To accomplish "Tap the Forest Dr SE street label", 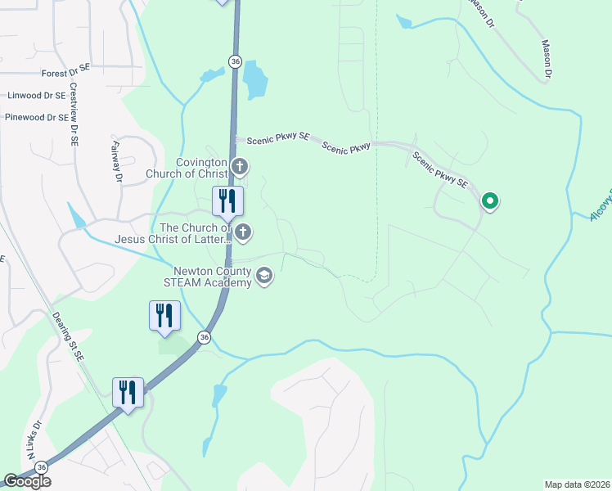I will (x=65, y=73).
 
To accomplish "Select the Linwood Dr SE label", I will (x=35, y=96).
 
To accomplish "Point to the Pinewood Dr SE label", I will (x=36, y=118).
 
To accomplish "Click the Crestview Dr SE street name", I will (x=74, y=114).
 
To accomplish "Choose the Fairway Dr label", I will (x=115, y=160).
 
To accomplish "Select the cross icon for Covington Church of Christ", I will (x=240, y=168).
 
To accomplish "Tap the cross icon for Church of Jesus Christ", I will (x=242, y=233).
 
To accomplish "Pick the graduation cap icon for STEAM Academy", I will (x=263, y=276).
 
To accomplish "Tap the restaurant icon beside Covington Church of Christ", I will (x=227, y=201).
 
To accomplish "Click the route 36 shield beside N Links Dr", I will (x=41, y=466).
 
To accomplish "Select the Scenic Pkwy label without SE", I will (x=346, y=146).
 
